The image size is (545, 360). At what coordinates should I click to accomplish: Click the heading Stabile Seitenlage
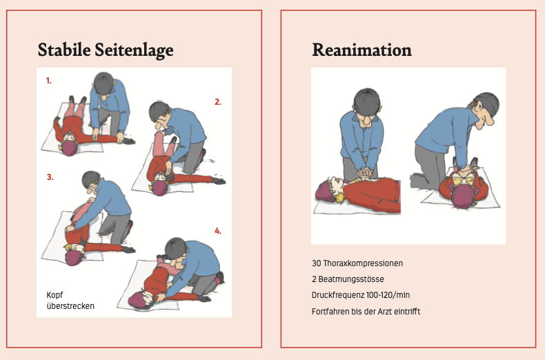(x=106, y=50)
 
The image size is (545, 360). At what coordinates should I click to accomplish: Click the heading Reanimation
(x=361, y=50)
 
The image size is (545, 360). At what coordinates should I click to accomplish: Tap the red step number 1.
(x=49, y=81)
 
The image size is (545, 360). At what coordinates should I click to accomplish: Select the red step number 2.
(x=218, y=102)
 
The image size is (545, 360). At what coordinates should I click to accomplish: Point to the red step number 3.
(x=50, y=177)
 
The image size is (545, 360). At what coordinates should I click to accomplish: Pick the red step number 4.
(x=218, y=231)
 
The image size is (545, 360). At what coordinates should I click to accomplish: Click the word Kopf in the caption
(x=54, y=295)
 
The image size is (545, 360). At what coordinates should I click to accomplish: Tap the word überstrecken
(x=70, y=306)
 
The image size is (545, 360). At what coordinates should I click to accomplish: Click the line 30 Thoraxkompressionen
(x=357, y=263)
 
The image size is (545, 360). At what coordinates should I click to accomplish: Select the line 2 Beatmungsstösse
(x=348, y=279)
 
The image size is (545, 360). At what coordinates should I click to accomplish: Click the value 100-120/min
(x=388, y=295)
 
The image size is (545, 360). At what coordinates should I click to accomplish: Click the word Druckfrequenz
(x=338, y=295)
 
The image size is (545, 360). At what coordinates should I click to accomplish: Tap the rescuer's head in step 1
(x=104, y=83)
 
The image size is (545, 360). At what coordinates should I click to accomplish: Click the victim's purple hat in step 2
(x=159, y=188)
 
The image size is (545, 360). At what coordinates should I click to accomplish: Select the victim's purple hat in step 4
(x=136, y=301)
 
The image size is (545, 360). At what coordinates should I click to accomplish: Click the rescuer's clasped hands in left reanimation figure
(x=366, y=172)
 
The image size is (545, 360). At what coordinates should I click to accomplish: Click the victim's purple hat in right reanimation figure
(x=463, y=197)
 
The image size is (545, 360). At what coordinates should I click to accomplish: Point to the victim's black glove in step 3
(x=129, y=250)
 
